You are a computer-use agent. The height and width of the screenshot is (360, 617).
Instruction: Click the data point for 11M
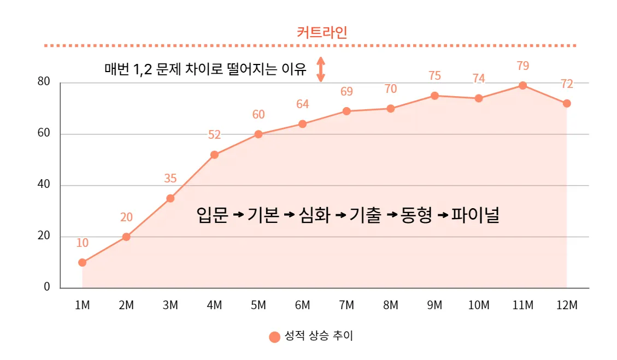coord(522,85)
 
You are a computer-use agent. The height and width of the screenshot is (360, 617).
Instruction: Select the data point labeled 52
coord(214,155)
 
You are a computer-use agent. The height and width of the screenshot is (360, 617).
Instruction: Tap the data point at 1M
coord(82,262)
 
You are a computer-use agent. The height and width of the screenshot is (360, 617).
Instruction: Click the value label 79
coord(522,66)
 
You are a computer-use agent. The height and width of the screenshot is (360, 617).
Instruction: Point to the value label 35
coord(170,178)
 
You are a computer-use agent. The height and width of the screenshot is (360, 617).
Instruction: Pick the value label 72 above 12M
coord(567,84)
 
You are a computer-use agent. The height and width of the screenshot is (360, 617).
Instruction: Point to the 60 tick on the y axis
coord(43,133)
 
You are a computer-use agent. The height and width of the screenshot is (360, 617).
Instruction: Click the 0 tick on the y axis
coord(47,287)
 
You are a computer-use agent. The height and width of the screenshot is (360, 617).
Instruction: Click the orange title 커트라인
coord(322,32)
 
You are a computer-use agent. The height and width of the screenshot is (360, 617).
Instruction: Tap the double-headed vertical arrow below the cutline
coord(321,69)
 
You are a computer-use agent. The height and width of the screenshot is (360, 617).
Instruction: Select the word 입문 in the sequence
coord(211,215)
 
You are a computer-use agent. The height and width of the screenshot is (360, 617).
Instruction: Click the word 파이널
coord(475,215)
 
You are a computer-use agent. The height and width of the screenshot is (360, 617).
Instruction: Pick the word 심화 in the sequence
coord(314,215)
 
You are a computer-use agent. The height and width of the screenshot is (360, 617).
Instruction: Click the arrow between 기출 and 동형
coord(391,215)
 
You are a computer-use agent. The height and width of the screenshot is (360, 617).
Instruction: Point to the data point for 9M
coord(434,96)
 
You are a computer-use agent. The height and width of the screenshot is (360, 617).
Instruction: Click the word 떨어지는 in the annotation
coord(252,69)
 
